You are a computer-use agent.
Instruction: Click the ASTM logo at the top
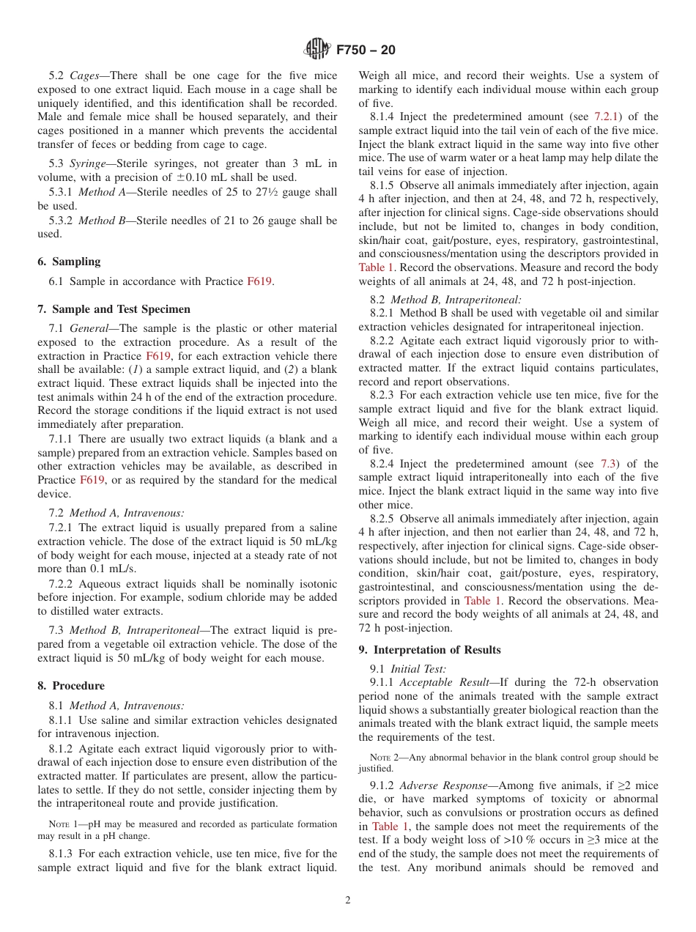317,49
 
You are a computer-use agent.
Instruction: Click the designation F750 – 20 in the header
366,50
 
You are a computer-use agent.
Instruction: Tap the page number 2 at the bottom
348,900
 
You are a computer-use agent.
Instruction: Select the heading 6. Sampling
69,262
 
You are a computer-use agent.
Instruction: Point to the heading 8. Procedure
71,686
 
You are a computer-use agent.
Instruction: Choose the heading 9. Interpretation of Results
429,650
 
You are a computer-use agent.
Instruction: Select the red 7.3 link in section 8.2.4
608,464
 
